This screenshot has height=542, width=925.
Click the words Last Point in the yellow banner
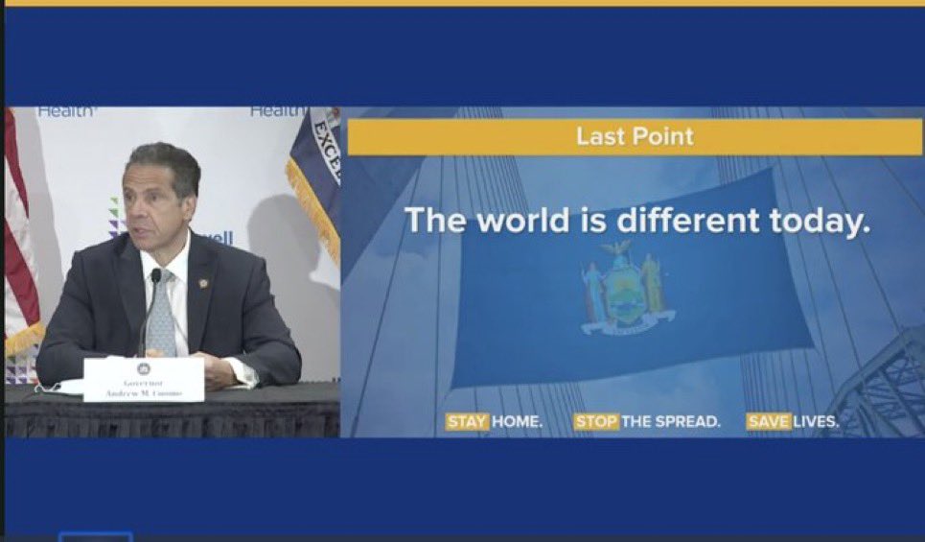[x=635, y=137]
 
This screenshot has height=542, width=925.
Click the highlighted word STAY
[x=467, y=421]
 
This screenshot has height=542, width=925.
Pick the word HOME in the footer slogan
[x=517, y=421]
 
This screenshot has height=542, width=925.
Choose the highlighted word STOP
[x=596, y=421]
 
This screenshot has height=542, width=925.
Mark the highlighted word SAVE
[x=769, y=421]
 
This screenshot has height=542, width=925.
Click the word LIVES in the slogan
[x=816, y=421]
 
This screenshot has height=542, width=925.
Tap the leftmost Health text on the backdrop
[x=67, y=111]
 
